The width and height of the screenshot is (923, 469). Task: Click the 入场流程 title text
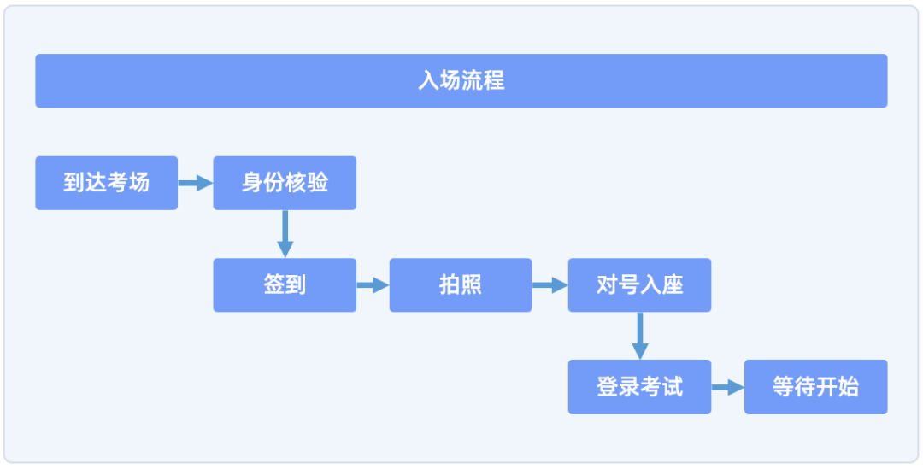pos(461,81)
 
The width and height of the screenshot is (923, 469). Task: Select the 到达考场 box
pos(106,183)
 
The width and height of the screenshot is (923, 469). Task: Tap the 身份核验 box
pos(285,183)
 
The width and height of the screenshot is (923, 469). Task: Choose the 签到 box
pos(285,285)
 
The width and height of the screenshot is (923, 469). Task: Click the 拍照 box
pos(461,285)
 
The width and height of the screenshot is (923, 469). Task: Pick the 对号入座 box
pos(639,285)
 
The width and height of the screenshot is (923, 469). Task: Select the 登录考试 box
pos(639,387)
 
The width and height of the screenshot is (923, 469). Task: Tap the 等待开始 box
pos(815,387)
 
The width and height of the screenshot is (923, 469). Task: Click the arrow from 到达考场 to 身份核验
pos(195,183)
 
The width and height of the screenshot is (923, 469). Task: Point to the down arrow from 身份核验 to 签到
pos(285,233)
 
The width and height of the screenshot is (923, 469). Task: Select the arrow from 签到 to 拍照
pos(373,285)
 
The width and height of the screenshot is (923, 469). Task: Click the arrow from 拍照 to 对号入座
pos(550,285)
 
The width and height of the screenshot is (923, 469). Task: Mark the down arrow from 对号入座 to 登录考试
pos(639,336)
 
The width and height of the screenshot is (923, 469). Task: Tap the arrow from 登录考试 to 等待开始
pos(727,387)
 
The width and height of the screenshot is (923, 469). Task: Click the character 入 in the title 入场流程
pos(428,81)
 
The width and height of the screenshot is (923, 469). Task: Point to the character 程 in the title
pos(494,81)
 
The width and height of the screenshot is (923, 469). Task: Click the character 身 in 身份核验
pos(252,183)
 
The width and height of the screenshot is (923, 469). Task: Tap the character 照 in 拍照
pos(472,285)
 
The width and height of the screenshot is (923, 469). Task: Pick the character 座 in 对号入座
pos(673,285)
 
